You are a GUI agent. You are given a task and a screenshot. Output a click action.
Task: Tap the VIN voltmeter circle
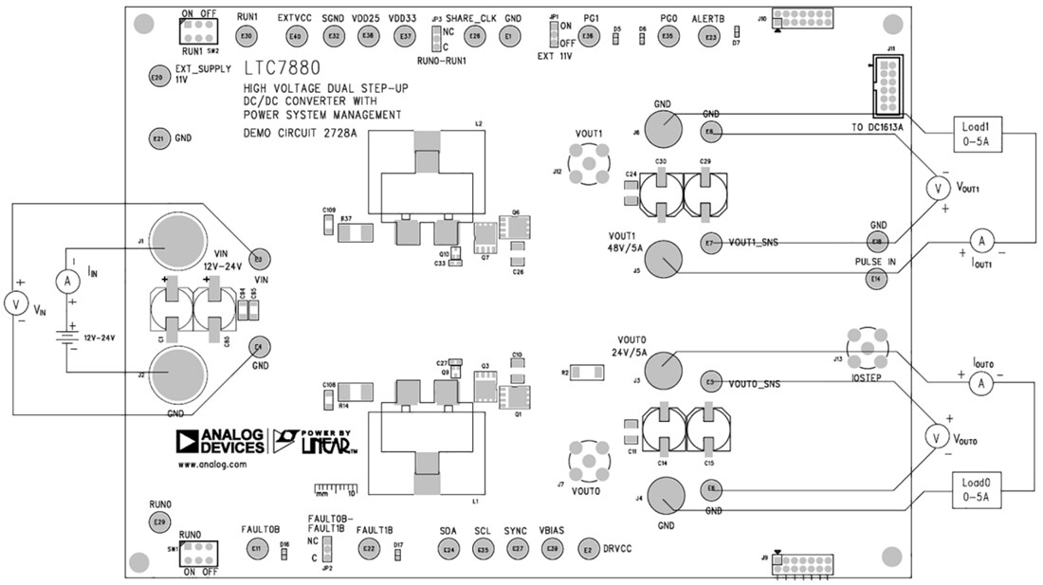(15, 304)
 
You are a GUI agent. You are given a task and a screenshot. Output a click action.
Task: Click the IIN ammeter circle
(65, 281)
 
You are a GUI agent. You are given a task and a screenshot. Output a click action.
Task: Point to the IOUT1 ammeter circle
(981, 241)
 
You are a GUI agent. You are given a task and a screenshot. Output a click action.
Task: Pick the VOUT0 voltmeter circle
(935, 436)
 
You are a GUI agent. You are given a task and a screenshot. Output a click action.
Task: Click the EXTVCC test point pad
(296, 36)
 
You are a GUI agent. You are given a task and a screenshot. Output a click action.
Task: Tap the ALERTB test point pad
(708, 36)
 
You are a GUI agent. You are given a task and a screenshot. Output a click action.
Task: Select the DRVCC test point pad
(588, 549)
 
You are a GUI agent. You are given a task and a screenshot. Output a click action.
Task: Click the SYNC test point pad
(518, 549)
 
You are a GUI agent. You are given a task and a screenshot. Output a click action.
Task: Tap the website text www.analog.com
(211, 465)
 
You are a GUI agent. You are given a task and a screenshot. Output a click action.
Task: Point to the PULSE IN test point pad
(876, 279)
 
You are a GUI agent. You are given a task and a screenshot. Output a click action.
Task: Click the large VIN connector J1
(178, 238)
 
